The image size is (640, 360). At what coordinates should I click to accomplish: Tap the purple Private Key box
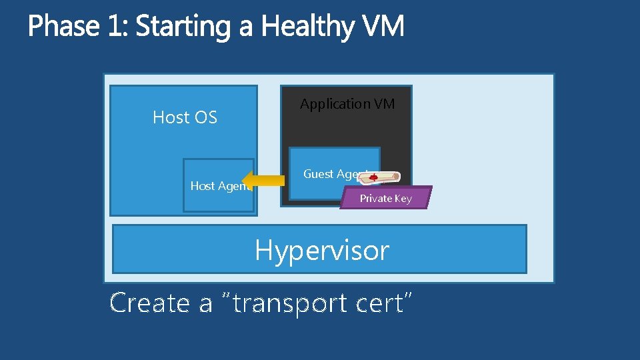point(386,198)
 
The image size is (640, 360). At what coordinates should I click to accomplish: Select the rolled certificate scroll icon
point(383,177)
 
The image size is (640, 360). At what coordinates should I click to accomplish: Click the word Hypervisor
point(322,251)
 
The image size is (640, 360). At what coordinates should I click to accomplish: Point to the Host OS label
point(185,117)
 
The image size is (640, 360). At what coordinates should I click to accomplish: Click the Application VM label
point(347,104)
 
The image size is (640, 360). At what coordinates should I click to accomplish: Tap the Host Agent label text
point(219,186)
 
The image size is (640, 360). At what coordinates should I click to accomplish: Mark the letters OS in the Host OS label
point(205,117)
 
